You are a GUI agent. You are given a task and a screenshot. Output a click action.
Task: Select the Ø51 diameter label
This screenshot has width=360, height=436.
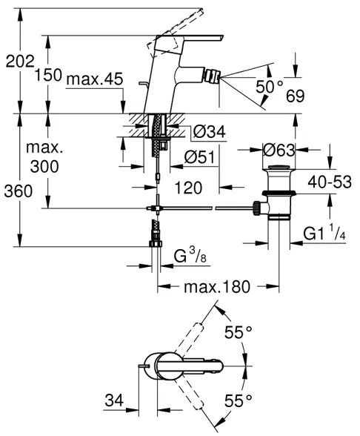(199, 157)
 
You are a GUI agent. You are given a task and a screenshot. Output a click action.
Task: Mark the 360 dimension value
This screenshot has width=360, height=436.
(18, 192)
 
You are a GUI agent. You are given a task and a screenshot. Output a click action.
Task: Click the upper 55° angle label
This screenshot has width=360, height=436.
(239, 333)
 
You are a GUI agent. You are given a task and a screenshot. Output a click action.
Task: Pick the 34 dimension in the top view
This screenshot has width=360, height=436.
(113, 401)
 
